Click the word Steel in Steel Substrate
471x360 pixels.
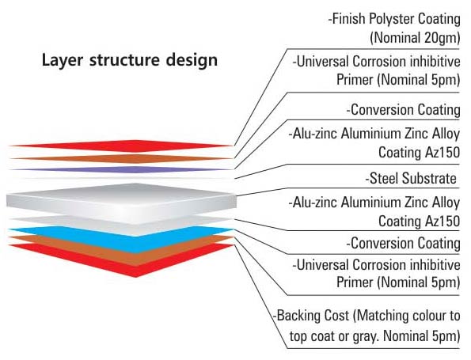click(384, 178)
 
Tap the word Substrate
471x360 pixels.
click(429, 178)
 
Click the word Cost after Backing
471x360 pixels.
click(337, 316)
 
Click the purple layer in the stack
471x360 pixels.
click(119, 169)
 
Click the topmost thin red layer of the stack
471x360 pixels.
click(119, 146)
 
